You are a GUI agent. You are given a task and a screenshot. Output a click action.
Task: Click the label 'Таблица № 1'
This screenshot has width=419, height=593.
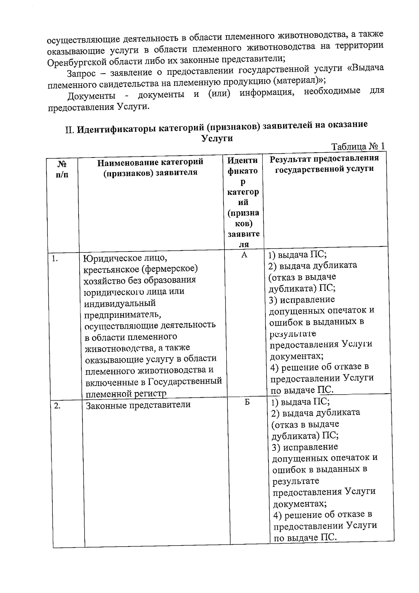pos(358,146)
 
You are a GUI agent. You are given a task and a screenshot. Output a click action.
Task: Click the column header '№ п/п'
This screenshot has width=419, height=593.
pos(62,169)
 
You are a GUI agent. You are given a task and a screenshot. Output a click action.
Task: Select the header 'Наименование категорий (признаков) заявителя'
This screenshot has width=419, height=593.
pos(150,167)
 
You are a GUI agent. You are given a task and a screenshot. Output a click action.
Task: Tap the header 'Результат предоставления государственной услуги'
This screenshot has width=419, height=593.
pos(324,163)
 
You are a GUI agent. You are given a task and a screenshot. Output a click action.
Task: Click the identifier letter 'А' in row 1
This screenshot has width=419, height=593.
pos(244,255)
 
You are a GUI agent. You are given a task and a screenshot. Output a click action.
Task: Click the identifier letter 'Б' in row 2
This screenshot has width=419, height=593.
pos(247,402)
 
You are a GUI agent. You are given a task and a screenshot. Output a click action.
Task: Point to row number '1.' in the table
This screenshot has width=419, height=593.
pos(54,259)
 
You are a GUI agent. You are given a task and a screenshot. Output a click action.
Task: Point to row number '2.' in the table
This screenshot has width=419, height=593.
pos(57,406)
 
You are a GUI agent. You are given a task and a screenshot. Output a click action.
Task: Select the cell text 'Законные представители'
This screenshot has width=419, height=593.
pos(138,405)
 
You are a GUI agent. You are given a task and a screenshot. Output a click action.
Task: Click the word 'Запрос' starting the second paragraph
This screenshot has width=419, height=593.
pos(81,74)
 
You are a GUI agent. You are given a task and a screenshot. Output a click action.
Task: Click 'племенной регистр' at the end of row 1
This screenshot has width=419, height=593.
pos(126,394)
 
